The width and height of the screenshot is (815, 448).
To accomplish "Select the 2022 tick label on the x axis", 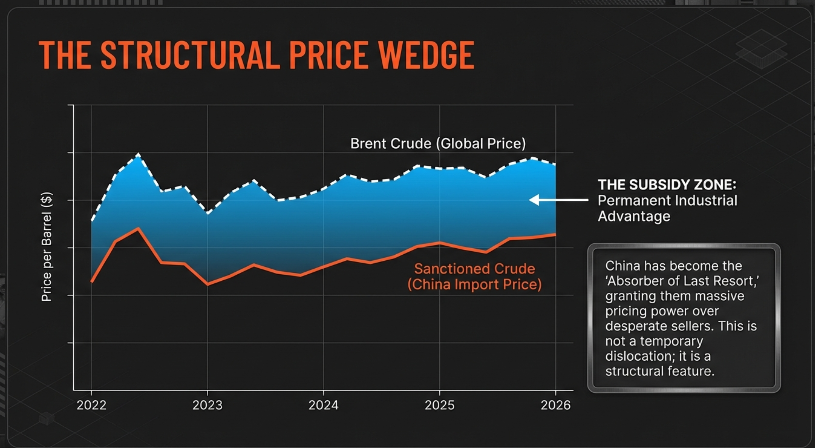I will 92,405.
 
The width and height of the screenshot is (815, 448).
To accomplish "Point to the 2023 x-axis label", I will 208,405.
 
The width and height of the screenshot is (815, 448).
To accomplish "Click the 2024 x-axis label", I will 323,405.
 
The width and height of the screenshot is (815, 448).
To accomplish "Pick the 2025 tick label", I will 439,405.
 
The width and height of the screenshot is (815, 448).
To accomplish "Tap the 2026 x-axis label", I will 555,405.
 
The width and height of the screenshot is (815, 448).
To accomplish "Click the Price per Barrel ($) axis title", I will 47,247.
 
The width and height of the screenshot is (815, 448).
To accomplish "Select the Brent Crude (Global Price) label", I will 438,143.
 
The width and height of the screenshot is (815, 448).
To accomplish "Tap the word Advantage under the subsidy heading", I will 634,216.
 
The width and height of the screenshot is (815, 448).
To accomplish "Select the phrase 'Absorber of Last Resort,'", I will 682,281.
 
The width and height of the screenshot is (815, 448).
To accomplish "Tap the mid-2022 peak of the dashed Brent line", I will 138,154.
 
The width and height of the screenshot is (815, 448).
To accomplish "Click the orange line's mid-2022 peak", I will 138,228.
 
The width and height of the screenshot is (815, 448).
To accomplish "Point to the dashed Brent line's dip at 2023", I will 208,213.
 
